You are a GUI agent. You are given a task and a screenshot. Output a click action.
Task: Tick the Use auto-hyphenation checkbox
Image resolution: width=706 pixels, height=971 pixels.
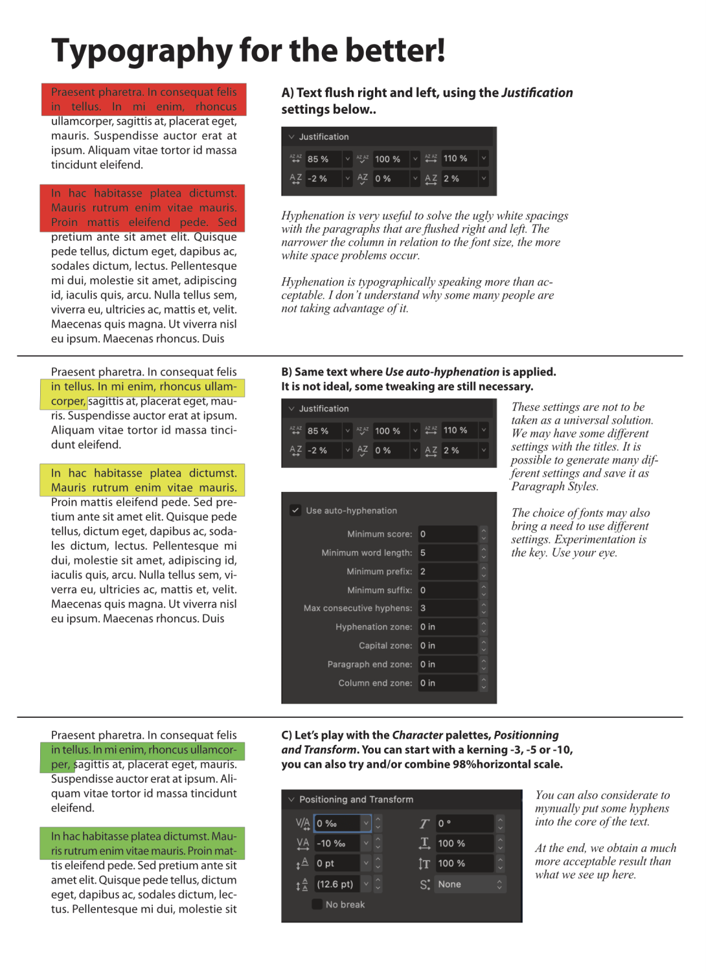point(295,510)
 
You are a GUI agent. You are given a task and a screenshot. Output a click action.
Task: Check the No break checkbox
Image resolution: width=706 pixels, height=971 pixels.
point(317,904)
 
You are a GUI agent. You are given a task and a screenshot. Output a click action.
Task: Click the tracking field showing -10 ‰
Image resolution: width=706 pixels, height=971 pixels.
point(338,843)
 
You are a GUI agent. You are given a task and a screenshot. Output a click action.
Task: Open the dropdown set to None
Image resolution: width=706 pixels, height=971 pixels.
point(470,884)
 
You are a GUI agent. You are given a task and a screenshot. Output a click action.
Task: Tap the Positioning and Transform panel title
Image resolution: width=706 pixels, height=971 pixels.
point(356,799)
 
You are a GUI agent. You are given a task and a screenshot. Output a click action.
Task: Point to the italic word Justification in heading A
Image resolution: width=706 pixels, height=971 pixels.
point(537,93)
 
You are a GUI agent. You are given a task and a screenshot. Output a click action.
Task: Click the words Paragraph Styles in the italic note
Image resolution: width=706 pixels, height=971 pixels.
point(554,487)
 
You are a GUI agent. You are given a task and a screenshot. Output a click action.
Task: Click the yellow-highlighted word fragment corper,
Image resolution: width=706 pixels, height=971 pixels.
point(68,401)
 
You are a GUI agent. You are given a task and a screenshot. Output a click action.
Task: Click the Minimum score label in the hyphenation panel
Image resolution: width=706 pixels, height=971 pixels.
point(380,534)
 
